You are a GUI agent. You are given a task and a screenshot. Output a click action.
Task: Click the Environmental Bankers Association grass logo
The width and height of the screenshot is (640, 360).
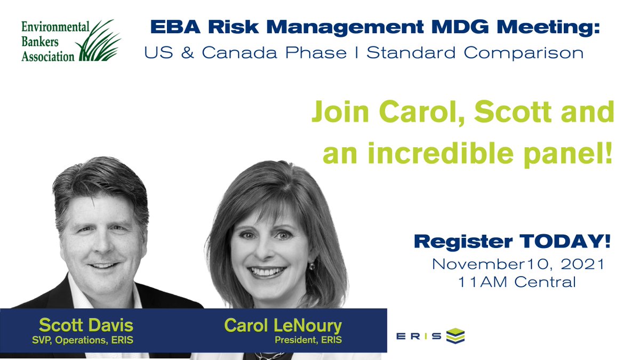pos(100,41)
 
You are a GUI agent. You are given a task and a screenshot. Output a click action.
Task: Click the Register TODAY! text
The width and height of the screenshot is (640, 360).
pos(512,242)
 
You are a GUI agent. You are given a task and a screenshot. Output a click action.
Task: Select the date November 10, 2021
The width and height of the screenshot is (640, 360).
pos(518,263)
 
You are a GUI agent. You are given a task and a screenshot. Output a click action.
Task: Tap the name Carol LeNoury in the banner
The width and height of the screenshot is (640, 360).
pos(283,325)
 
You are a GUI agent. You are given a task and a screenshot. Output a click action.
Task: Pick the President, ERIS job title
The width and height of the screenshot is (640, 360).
pos(308,340)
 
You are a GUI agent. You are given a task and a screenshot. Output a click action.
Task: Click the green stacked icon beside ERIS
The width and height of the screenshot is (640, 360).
pos(454,335)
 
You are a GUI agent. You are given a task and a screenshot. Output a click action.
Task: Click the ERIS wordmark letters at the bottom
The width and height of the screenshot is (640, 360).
pos(419,336)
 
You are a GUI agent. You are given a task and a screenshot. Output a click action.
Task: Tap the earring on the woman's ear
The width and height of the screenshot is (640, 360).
pos(312,266)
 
